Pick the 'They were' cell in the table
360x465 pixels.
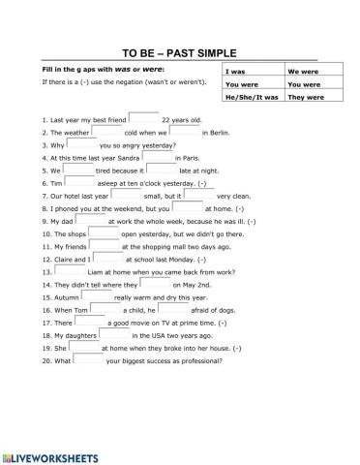click(x=307, y=97)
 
